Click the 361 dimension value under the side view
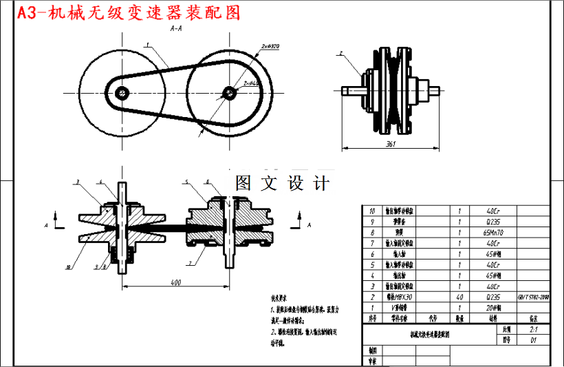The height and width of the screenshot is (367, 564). coord(391,143)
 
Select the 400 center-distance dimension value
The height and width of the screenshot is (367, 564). coord(176,282)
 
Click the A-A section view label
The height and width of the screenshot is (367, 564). coord(176,30)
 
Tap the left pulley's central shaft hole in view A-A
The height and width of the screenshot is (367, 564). coord(122,92)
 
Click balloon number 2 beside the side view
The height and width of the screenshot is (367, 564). coord(340,52)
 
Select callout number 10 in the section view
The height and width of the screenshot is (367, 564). coord(69,266)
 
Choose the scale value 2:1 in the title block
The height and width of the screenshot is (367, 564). coord(533,330)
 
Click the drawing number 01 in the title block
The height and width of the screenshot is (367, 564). coord(533,339)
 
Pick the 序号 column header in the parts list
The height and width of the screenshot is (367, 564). coord(373,318)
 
